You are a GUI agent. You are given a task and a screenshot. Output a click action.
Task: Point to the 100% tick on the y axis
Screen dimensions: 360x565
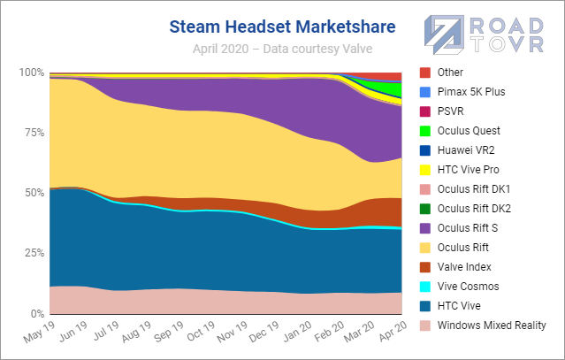pyautogui.click(x=32, y=72)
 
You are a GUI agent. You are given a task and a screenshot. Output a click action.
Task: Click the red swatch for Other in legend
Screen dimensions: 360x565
pyautogui.click(x=425, y=73)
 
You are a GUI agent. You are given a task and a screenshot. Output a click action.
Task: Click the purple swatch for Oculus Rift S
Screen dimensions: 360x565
pyautogui.click(x=425, y=228)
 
